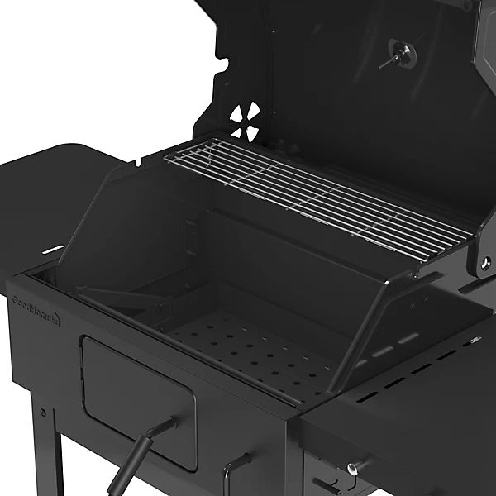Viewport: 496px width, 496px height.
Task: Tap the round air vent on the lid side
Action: click(x=245, y=122)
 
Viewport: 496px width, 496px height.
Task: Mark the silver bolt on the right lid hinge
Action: click(x=485, y=263)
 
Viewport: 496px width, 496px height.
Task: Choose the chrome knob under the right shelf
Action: click(x=354, y=468)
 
